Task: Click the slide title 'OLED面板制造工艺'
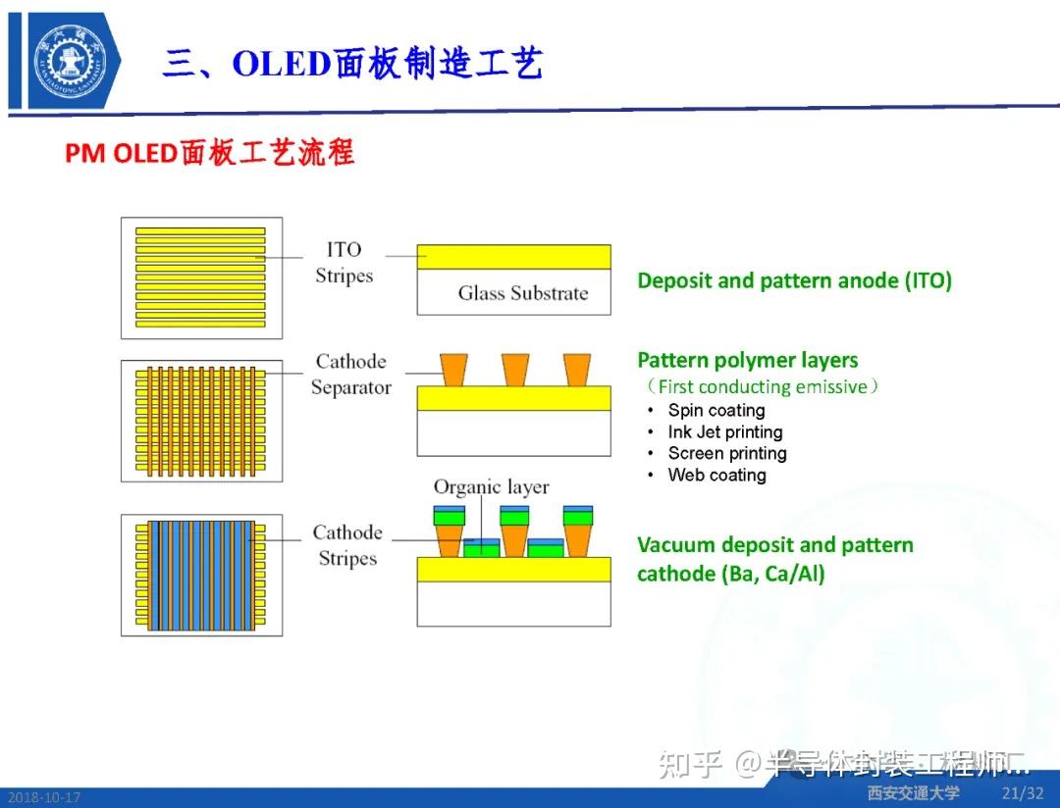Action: [387, 64]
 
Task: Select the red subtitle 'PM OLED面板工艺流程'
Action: [209, 154]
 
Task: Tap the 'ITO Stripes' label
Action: [344, 263]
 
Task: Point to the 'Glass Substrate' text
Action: [523, 293]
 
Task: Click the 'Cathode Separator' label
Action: [350, 375]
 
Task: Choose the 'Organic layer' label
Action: [491, 487]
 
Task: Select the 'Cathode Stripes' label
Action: [346, 545]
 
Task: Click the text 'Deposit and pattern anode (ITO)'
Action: [794, 281]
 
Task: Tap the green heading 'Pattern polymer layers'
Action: [747, 360]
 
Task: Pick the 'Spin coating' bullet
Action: [715, 411]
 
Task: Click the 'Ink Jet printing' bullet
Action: [724, 432]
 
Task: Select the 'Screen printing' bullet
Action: [726, 454]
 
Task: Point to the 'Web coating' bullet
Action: [716, 476]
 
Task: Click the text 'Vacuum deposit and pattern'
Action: [774, 545]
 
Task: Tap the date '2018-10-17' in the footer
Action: [41, 798]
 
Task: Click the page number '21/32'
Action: [1022, 793]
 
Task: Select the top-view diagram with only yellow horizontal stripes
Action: [201, 278]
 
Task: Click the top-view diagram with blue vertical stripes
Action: [201, 575]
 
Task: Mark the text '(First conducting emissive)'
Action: [758, 387]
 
